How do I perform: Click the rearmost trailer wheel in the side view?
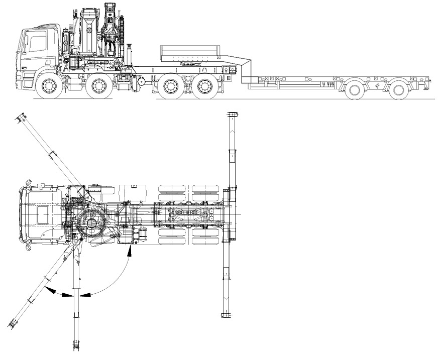[399, 90]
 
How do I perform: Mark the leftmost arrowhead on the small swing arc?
[50, 290]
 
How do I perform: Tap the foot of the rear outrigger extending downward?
[226, 315]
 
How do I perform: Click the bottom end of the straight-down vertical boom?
[77, 346]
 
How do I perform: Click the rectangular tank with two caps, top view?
[132, 193]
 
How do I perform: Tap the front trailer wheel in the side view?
[355, 90]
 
